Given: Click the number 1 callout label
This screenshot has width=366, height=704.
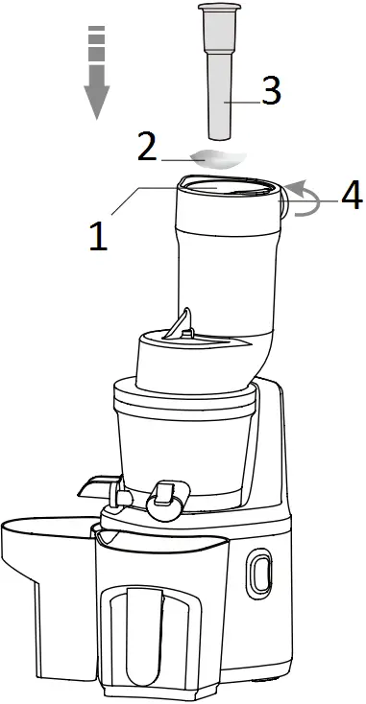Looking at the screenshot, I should point(98,233).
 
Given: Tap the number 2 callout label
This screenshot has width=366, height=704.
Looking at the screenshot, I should point(147,147).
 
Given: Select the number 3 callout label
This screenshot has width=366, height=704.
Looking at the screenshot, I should point(270,92).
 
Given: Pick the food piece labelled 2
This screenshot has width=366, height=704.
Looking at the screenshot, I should point(215,159).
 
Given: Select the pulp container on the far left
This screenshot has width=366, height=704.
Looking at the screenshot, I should point(43,585).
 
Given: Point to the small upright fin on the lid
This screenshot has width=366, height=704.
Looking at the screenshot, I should point(183,323).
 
